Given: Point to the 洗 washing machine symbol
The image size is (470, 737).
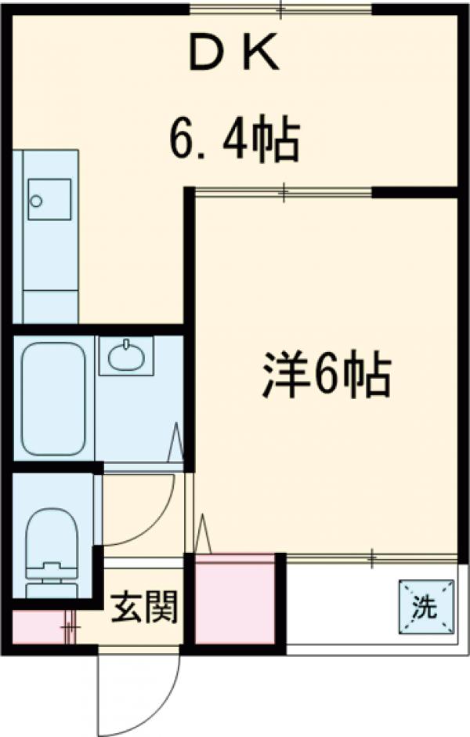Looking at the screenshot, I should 426,604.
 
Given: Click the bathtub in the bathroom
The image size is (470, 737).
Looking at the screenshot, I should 52,398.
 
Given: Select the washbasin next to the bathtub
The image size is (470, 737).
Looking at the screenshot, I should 126,358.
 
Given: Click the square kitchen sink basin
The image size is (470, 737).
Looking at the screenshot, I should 49,198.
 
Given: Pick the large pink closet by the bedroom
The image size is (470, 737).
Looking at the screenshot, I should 235,599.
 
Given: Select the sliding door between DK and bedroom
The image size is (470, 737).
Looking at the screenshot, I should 282,190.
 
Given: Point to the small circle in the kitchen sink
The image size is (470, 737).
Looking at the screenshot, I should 35,201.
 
